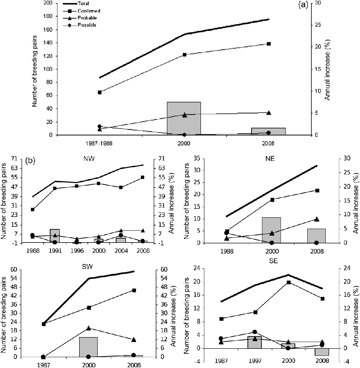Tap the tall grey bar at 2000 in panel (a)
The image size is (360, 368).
[184, 118]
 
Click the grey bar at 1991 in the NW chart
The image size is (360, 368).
[55, 236]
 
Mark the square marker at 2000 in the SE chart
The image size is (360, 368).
[288, 282]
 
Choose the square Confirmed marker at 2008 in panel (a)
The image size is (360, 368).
[269, 44]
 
